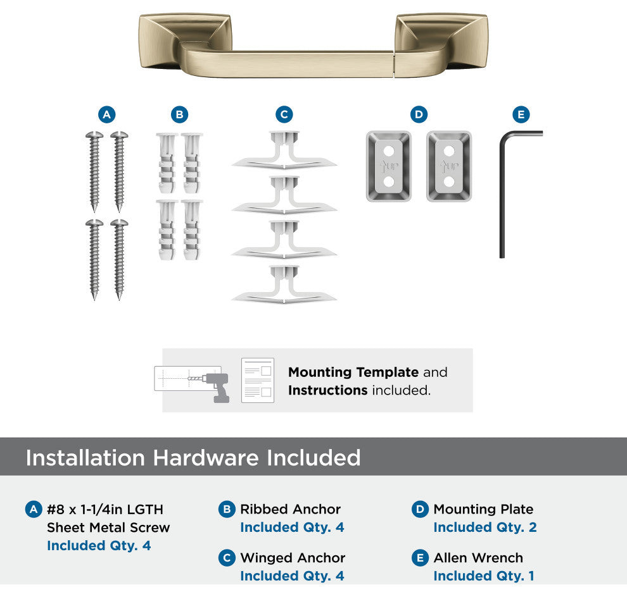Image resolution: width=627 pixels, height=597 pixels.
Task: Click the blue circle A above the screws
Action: (x=107, y=114)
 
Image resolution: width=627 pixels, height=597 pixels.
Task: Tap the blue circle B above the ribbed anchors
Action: (x=179, y=114)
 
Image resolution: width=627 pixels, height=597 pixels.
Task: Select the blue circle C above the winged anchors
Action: (x=284, y=114)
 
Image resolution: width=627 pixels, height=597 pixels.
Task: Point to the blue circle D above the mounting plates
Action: (x=419, y=114)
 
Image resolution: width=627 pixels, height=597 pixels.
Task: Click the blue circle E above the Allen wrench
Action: (x=521, y=114)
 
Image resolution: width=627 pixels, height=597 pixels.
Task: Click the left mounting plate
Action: (x=389, y=166)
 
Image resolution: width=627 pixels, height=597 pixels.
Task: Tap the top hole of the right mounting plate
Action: (x=449, y=151)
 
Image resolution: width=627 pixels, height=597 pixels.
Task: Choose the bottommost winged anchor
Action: (x=284, y=285)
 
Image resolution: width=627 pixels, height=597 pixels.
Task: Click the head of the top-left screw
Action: (x=94, y=135)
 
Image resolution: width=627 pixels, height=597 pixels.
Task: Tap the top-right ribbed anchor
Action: (x=192, y=163)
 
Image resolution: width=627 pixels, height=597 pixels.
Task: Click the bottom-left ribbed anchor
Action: (x=167, y=230)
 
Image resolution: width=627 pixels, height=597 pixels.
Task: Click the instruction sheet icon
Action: (x=258, y=380)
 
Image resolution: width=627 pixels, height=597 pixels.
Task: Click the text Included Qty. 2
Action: (x=485, y=527)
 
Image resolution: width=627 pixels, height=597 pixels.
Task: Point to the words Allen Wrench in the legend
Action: (x=478, y=557)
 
